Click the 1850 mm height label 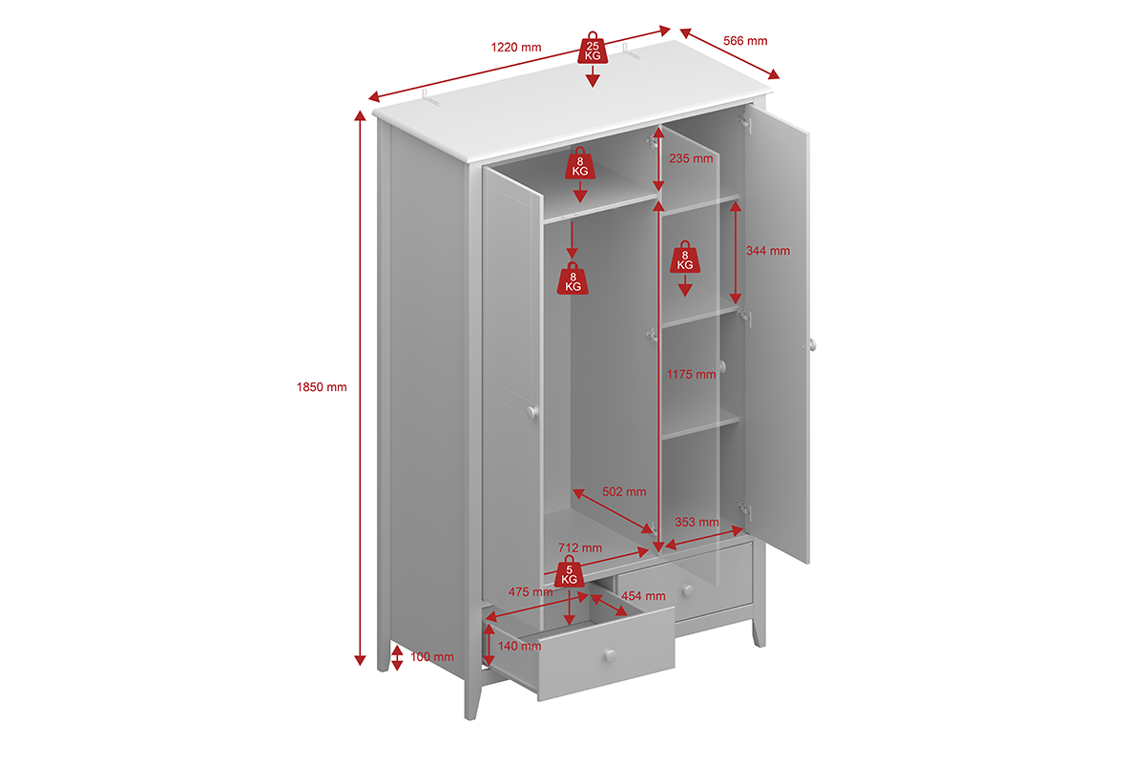(322, 387)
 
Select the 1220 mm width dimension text (516, 48)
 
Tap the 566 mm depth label (745, 41)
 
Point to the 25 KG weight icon (593, 48)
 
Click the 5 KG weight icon (569, 571)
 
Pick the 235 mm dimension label (691, 159)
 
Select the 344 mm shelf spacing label (768, 251)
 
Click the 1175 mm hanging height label (691, 375)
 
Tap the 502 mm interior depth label (624, 491)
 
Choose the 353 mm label (697, 523)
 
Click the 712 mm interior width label (580, 547)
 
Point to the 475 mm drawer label (531, 592)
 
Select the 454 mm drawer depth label (643, 596)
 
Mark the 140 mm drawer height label (519, 646)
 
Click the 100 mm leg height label (432, 657)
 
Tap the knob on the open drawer (611, 655)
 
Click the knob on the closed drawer (689, 590)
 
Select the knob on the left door (532, 411)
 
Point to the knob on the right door (812, 344)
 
